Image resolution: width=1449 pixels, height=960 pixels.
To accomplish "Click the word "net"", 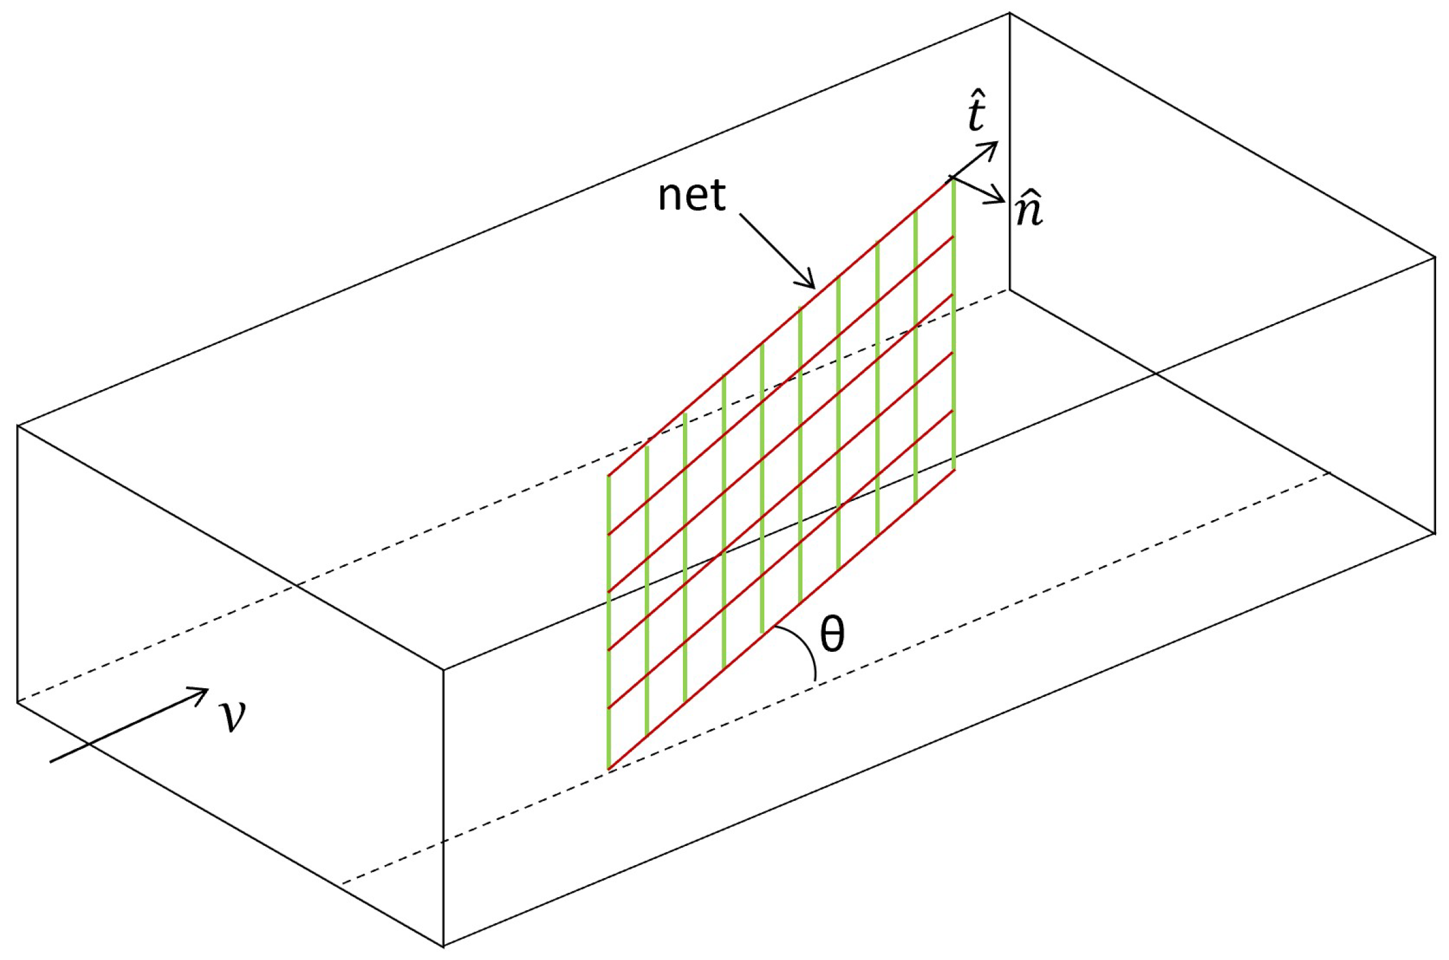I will pyautogui.click(x=692, y=196).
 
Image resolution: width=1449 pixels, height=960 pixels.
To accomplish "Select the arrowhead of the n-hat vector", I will pyautogui.click(x=1001, y=201).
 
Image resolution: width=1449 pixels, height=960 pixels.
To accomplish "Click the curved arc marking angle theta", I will pyautogui.click(x=807, y=650).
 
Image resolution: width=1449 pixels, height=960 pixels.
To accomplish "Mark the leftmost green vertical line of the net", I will pyautogui.click(x=609, y=622).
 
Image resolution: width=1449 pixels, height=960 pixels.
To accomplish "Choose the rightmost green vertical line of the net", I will pyautogui.click(x=953, y=324).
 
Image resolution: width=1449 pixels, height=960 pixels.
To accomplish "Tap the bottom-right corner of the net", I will pyautogui.click(x=953, y=470).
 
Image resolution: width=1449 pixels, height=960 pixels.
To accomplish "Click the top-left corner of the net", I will pyautogui.click(x=609, y=476).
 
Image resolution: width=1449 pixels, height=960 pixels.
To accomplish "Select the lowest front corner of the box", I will pyautogui.click(x=444, y=946).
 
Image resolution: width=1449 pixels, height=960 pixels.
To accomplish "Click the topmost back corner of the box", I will pyautogui.click(x=1009, y=13).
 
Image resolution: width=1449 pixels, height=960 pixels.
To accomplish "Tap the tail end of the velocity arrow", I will pyautogui.click(x=51, y=762).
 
